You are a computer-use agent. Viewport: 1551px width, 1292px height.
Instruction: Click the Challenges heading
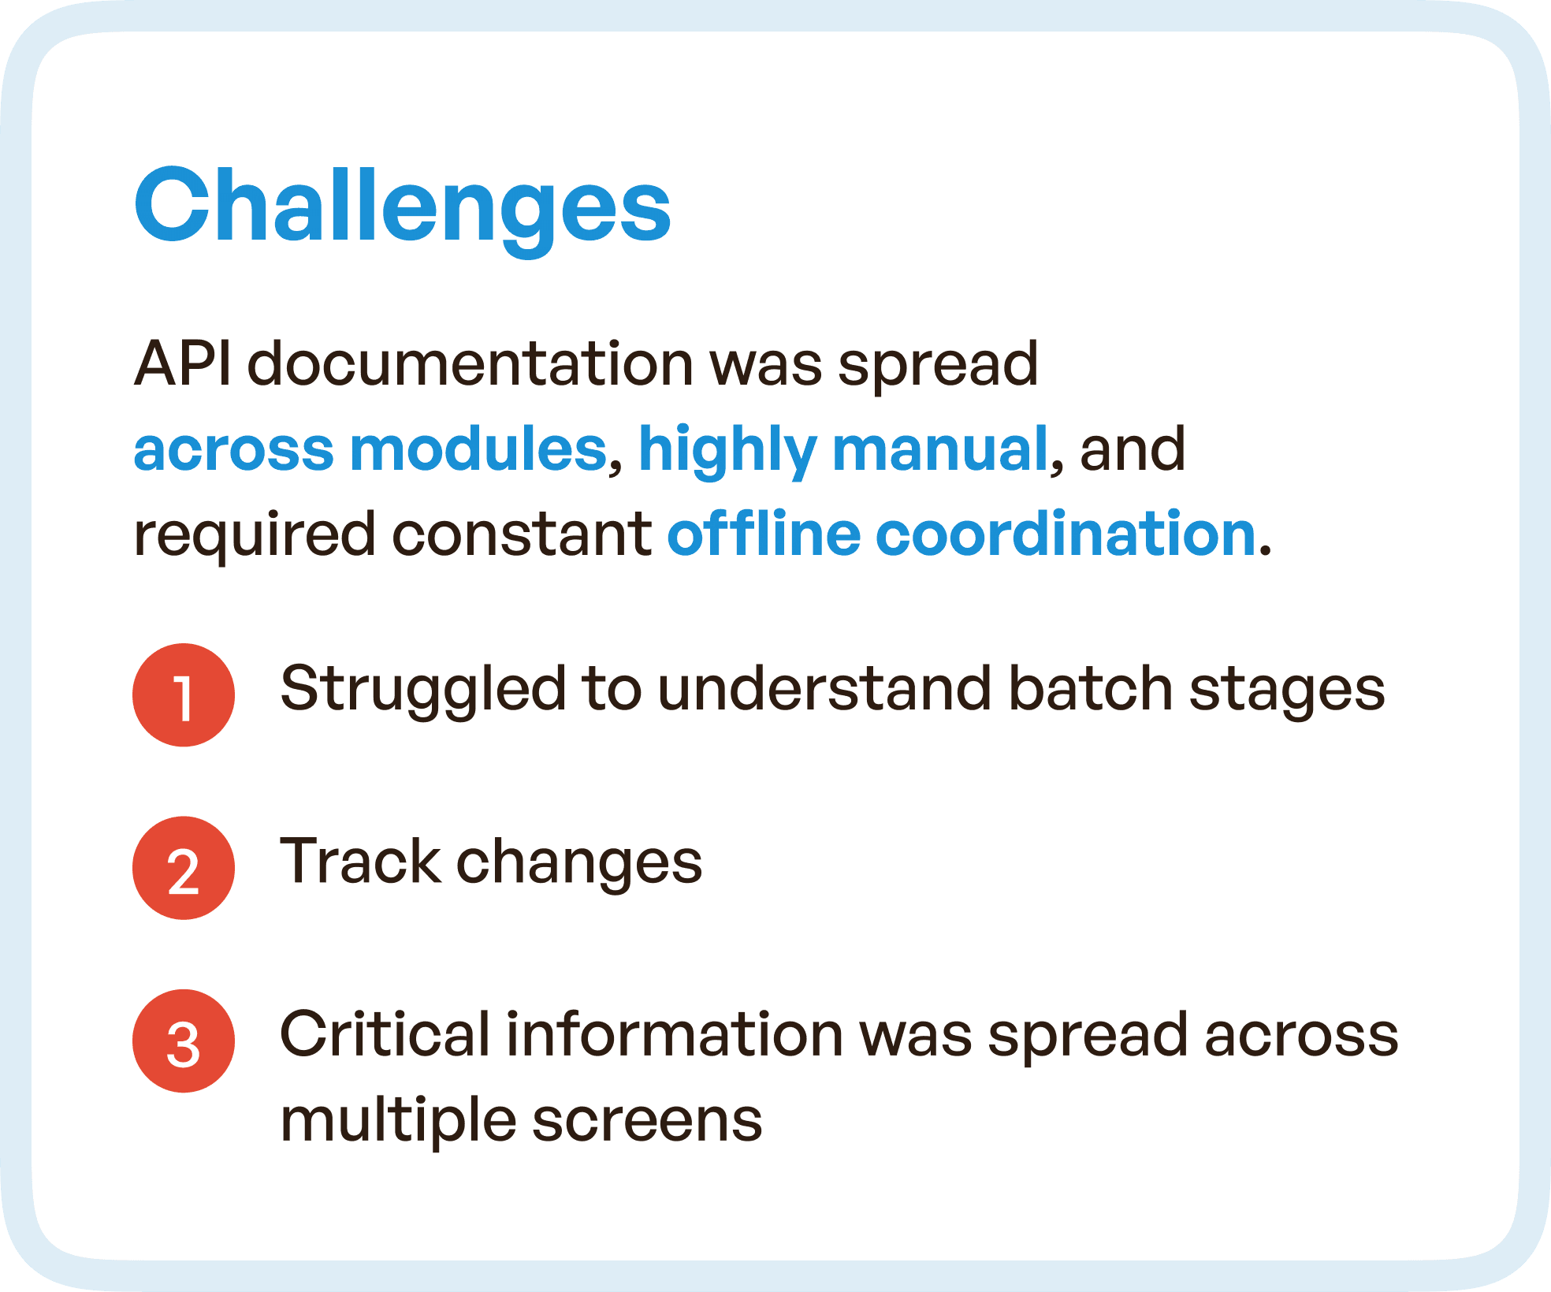coord(402,207)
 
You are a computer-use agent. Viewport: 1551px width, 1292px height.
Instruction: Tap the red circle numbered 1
coord(184,695)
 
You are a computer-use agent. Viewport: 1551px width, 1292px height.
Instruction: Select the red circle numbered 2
coord(184,868)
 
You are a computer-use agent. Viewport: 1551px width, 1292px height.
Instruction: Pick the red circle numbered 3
coord(184,1041)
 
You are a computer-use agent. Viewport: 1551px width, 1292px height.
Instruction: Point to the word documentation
coord(471,364)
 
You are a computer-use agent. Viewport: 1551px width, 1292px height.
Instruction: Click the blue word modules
coord(478,449)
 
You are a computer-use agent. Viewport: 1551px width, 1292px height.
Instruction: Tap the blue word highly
coord(726,449)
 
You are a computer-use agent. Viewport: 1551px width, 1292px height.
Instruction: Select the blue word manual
coord(939,449)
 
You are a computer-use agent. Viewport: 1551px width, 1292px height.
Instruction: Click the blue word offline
coord(764,534)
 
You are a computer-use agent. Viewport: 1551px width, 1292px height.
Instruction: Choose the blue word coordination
coord(1066,534)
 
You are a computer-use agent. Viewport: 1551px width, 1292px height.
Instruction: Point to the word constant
coord(522,534)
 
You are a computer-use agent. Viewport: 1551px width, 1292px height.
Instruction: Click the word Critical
coord(385,1034)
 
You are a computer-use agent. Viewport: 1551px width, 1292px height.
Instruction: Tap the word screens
coord(647,1121)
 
